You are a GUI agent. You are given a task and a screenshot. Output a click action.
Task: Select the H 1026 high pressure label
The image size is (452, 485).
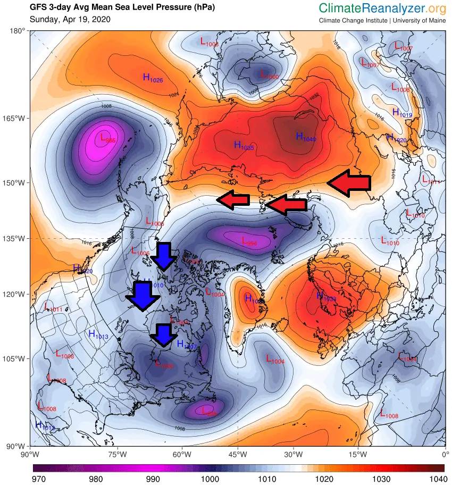tap(153, 78)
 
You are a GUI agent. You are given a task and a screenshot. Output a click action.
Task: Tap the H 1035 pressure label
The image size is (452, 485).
tap(244, 145)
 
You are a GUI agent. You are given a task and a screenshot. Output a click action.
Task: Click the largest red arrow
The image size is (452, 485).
tap(349, 182)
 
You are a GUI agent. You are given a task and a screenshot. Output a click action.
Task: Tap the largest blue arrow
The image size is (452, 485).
tap(142, 296)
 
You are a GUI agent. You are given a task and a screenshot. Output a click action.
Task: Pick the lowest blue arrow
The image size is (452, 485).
tap(163, 335)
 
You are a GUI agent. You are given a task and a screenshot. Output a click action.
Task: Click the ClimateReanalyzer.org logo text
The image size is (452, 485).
tap(382, 9)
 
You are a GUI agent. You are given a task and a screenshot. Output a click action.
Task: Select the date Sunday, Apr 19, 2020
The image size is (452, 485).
tap(70, 20)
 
